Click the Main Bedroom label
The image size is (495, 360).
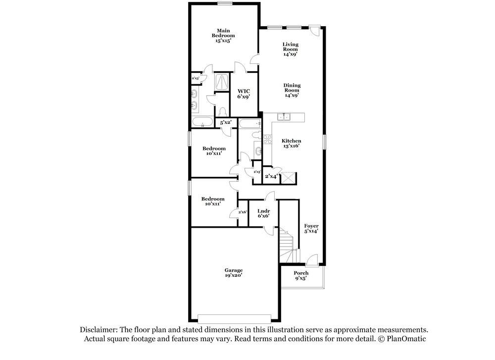(x=223, y=36)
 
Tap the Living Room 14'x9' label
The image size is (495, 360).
(x=291, y=49)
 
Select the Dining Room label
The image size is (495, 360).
(x=292, y=90)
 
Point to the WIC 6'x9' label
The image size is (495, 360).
(x=243, y=94)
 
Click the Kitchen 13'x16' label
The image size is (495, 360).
(x=292, y=144)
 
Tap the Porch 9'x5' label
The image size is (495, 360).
(x=301, y=276)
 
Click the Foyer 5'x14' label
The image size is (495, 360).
(x=311, y=228)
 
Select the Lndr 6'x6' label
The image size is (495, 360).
(x=263, y=213)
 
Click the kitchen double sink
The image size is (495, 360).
(x=284, y=117)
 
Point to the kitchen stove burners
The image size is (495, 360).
(x=267, y=139)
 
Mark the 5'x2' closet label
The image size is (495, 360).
(x=226, y=122)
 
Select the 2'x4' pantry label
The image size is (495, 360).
(x=271, y=176)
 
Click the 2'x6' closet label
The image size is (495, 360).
(x=243, y=212)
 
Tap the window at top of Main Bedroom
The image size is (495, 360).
(x=225, y=3)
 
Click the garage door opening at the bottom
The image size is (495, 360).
(x=234, y=318)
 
